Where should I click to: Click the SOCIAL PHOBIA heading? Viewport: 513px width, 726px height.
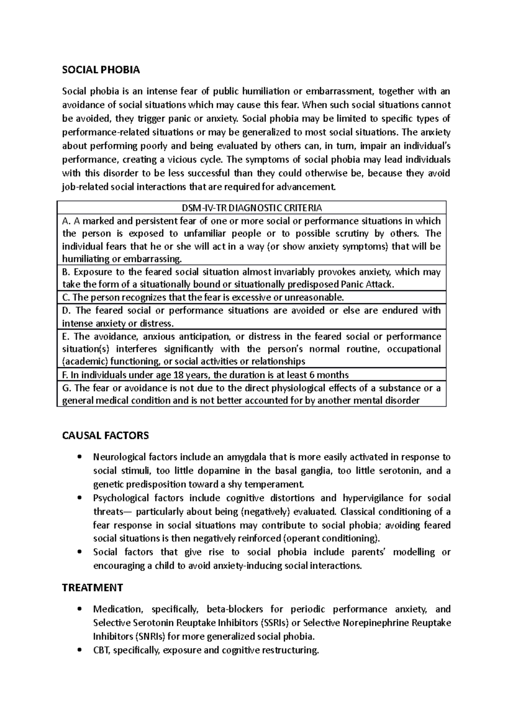(101, 70)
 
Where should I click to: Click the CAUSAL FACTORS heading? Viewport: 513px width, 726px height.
(105, 436)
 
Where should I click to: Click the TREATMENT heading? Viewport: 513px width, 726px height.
(92, 587)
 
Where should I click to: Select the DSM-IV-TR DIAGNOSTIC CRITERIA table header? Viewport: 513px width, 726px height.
(251, 208)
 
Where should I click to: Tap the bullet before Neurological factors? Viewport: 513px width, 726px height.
(80, 457)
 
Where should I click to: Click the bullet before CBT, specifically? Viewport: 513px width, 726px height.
(80, 650)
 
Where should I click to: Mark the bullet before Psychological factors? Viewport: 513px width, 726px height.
(80, 498)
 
